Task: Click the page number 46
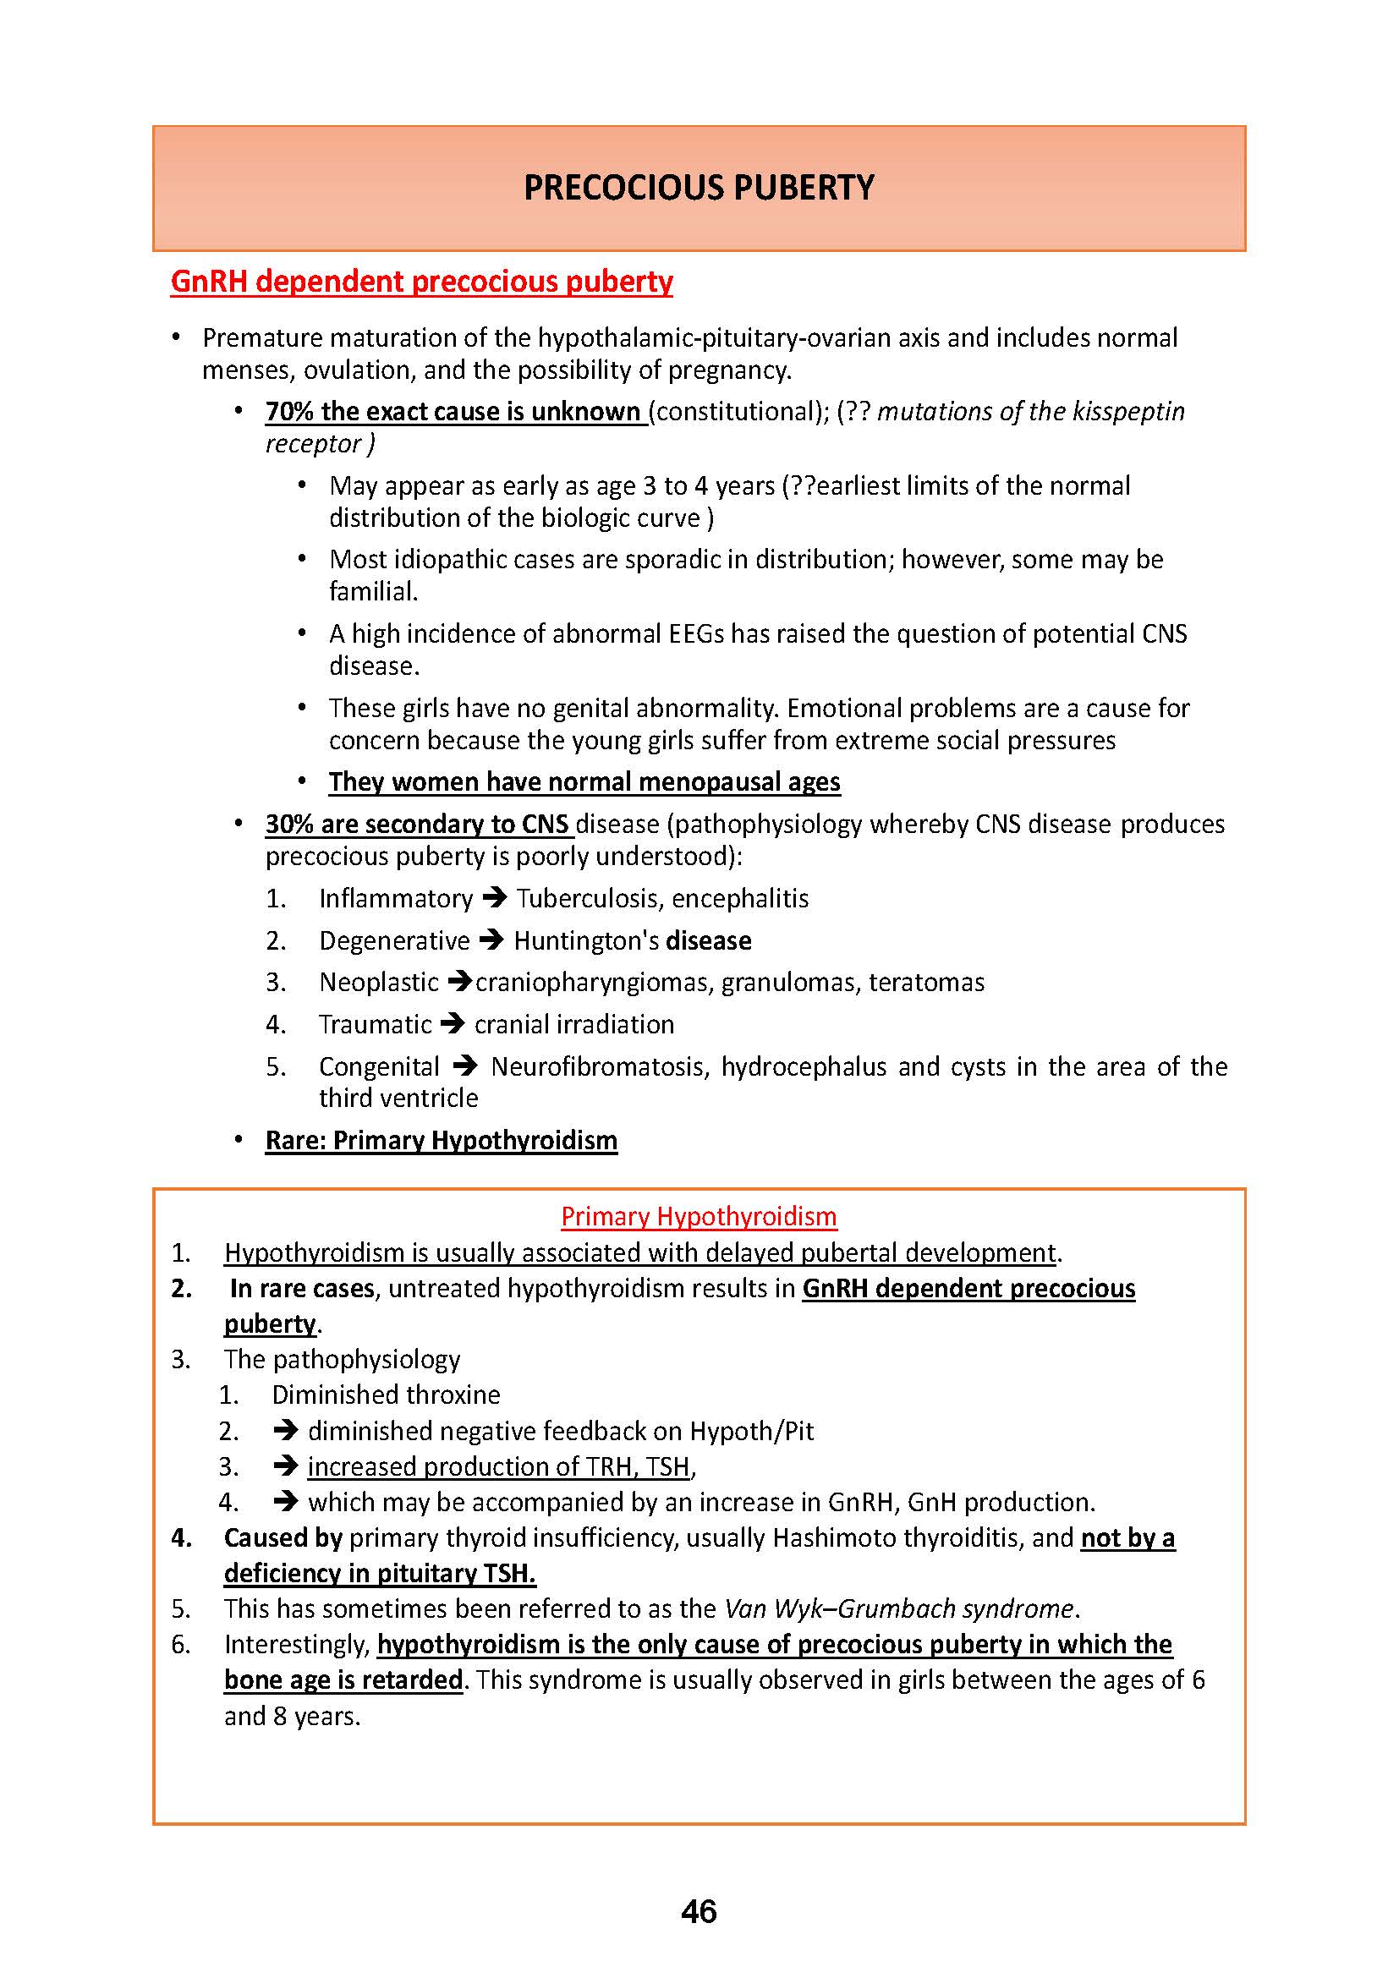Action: [698, 1911]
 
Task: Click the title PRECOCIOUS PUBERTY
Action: [699, 188]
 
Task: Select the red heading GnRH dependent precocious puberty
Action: [421, 282]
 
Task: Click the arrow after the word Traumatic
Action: [453, 1024]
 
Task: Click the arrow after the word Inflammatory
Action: [495, 899]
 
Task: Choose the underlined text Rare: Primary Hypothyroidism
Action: [441, 1141]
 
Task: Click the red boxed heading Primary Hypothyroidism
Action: [699, 1216]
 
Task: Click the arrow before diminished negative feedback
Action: [285, 1431]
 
